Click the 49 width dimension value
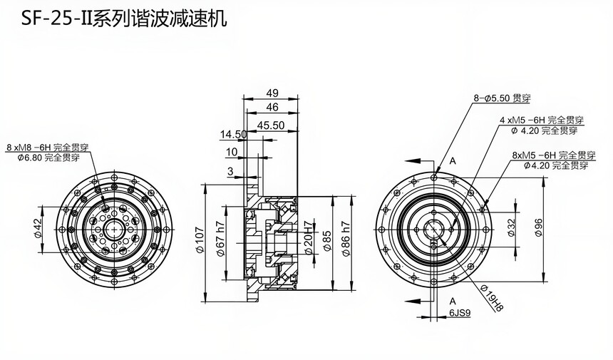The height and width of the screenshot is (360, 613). point(272,93)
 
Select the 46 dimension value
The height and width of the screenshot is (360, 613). point(272,107)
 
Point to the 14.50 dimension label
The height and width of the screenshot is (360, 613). point(233,134)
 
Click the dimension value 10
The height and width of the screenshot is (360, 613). point(232,152)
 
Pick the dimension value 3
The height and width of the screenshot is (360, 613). point(230,171)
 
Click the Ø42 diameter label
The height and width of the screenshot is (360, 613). point(37,228)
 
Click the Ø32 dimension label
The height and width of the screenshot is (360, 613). point(511,228)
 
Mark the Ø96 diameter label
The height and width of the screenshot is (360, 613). point(539,228)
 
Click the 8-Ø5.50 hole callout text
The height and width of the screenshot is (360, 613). point(502,98)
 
